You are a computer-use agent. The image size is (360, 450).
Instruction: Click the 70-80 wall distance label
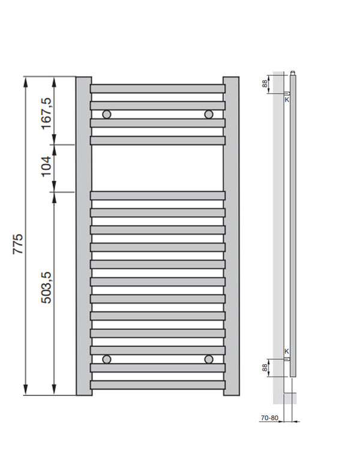(x=269, y=418)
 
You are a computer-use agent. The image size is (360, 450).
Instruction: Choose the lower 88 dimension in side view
(x=265, y=367)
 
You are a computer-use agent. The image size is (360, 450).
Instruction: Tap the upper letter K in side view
(x=287, y=100)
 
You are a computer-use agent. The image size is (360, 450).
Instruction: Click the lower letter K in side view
(x=287, y=351)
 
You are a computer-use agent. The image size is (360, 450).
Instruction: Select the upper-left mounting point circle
(x=107, y=114)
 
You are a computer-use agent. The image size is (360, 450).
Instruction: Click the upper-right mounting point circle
(x=209, y=114)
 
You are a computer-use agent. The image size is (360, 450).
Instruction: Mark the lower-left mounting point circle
(x=107, y=359)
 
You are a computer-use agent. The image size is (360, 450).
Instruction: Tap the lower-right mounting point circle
(x=209, y=359)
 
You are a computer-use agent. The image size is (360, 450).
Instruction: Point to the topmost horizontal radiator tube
(x=158, y=88)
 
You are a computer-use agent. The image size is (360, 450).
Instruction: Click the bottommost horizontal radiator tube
(x=158, y=385)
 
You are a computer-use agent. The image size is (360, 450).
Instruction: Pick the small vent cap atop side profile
(x=292, y=73)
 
